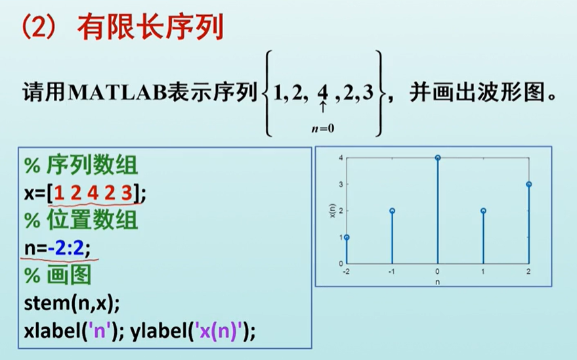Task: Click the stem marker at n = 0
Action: (438, 158)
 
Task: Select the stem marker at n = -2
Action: (347, 237)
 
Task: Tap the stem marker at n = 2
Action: (529, 185)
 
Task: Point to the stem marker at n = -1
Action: (393, 211)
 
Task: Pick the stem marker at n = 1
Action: (483, 211)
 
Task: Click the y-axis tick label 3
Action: (341, 185)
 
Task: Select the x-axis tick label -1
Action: (392, 272)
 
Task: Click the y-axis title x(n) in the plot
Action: (332, 211)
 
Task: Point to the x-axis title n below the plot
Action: (438, 282)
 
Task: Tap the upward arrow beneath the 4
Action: (323, 107)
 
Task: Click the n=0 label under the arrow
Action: (323, 129)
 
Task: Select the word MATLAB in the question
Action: (118, 93)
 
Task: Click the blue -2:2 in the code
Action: (66, 248)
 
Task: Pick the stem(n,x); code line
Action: (72, 304)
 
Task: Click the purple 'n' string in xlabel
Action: (99, 331)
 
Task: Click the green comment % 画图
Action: (58, 275)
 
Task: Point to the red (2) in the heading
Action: (39, 27)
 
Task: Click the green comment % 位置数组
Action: (81, 221)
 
